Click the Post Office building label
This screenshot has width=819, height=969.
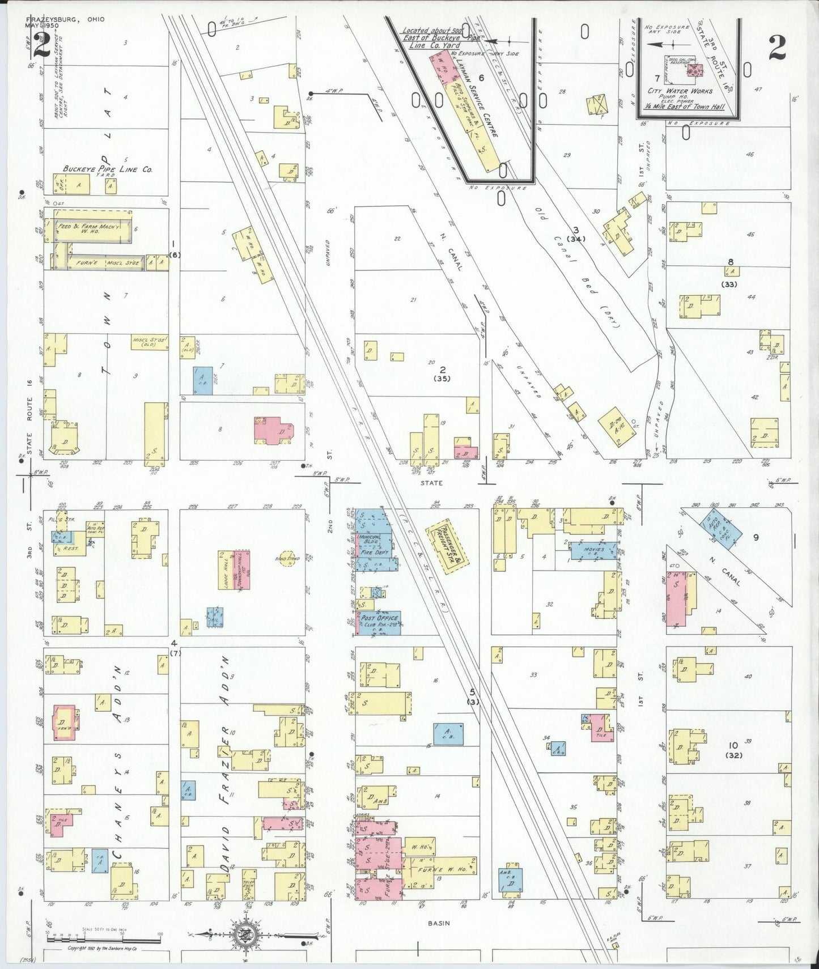pyautogui.click(x=380, y=618)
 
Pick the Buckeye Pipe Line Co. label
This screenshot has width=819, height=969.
pyautogui.click(x=108, y=169)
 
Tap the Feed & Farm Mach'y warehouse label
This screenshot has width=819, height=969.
pyautogui.click(x=89, y=227)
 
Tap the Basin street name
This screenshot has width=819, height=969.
pyautogui.click(x=439, y=923)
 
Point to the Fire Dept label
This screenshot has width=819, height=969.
pyautogui.click(x=374, y=551)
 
